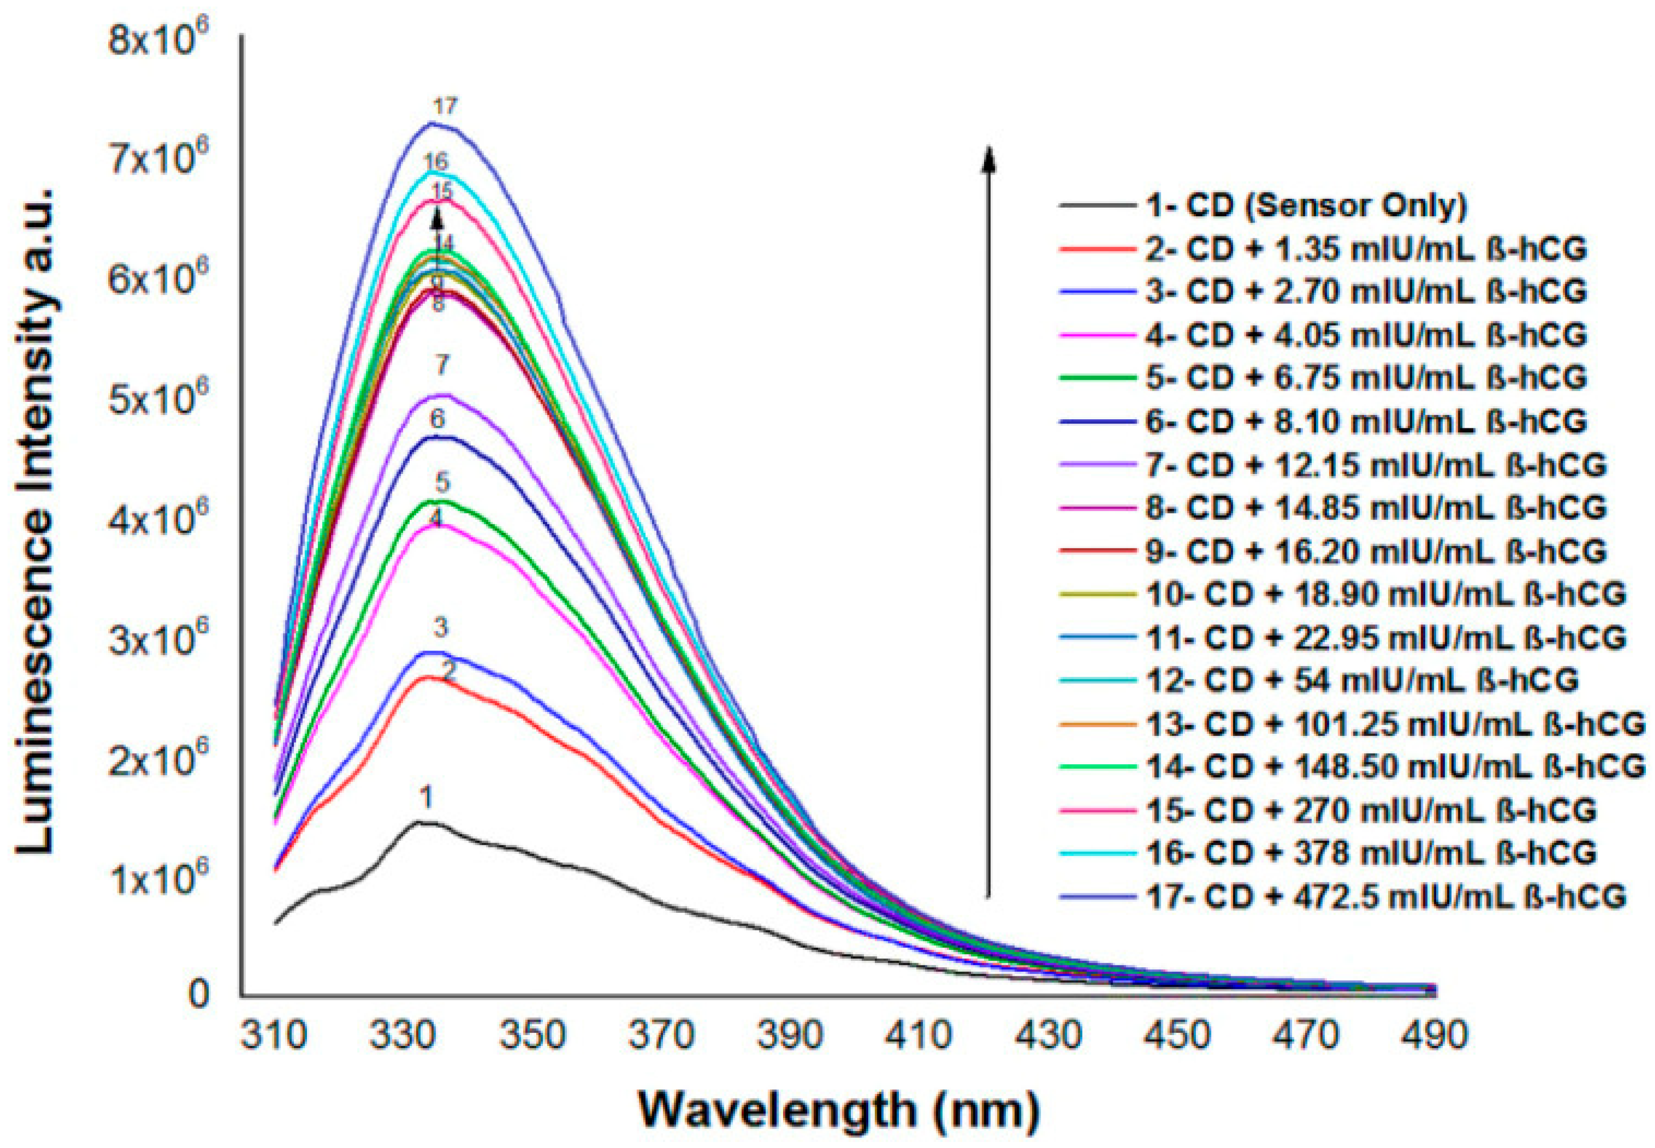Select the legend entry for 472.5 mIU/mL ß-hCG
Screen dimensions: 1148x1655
1385,897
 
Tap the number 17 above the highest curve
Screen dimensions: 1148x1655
445,107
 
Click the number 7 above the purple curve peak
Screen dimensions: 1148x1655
442,365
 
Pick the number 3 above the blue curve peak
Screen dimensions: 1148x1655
440,628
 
